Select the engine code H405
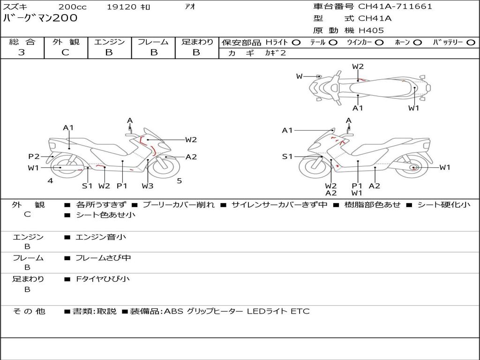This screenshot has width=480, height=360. coord(371,30)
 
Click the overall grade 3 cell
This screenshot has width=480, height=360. coord(22,52)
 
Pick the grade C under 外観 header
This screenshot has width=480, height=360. coord(65,52)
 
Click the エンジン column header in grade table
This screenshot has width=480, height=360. coord(109,42)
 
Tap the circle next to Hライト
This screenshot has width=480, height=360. coord(296,42)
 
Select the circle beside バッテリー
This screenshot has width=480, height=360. coord(471,42)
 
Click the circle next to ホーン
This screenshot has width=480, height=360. coord(418,42)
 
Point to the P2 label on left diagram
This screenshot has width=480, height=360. coord(34,157)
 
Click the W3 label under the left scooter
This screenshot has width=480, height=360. coord(148,186)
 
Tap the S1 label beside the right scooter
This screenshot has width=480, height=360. coord(287,157)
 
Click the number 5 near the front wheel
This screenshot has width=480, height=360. coord(179,180)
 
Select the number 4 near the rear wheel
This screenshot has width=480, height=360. coord(50,180)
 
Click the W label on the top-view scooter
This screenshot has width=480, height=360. coord(299,76)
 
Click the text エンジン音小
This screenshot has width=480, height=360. coord(101,237)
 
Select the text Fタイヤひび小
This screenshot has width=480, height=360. coord(103,279)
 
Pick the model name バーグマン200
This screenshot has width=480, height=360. coord(40,18)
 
